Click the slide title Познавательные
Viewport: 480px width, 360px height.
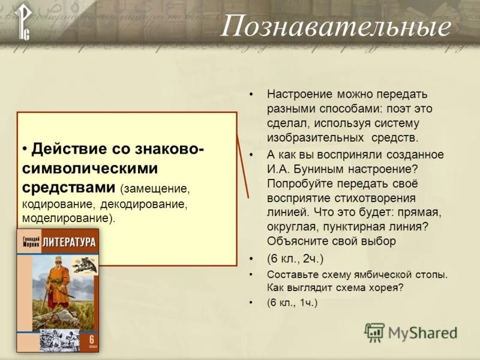click(335, 27)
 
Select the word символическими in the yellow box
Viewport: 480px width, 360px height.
click(90, 168)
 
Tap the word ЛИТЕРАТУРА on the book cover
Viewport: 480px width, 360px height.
click(70, 242)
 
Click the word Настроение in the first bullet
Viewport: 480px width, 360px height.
click(301, 95)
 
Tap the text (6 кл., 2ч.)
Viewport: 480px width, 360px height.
click(295, 259)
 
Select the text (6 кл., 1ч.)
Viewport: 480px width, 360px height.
click(292, 303)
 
